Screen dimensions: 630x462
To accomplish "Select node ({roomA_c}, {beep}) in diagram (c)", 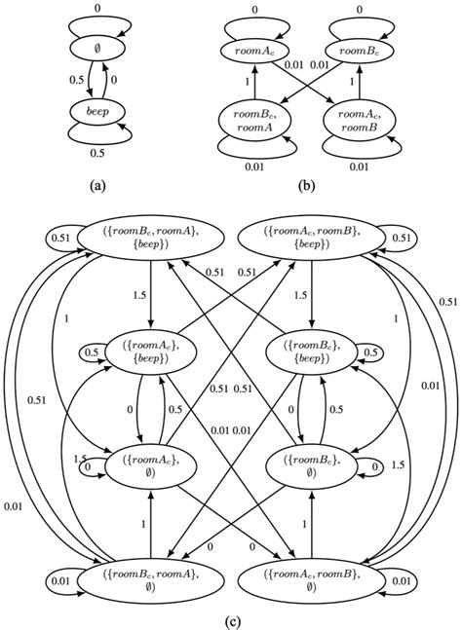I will coord(150,353).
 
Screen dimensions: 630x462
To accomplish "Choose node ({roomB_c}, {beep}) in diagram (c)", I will coord(310,353).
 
